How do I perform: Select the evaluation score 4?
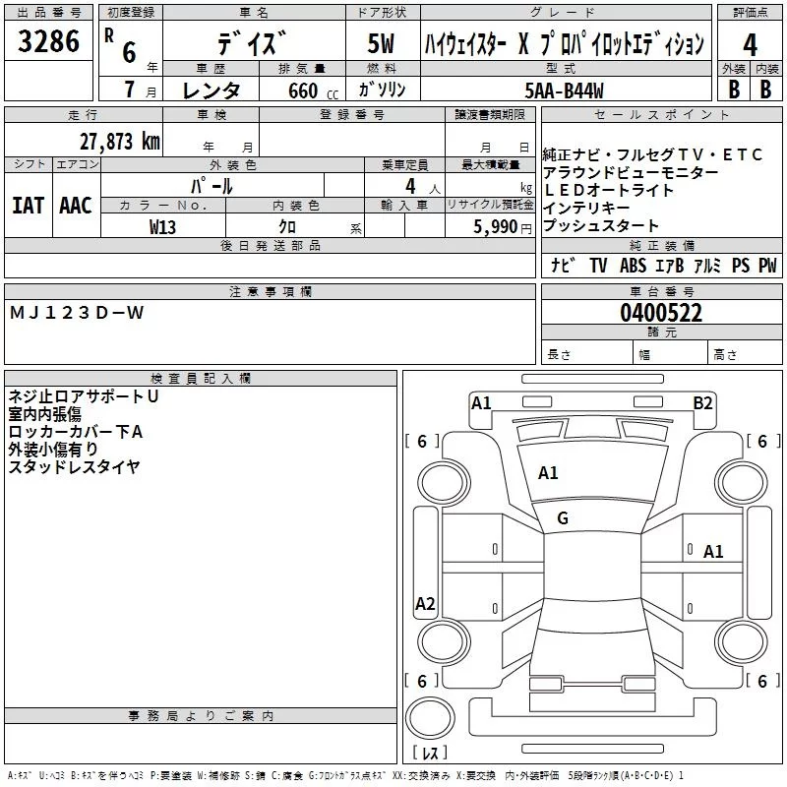pos(750,44)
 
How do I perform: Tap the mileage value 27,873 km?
pos(119,142)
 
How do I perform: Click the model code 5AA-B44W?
pos(565,91)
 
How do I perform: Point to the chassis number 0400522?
pos(660,313)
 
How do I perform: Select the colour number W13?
pos(162,226)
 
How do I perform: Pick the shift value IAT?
pos(28,206)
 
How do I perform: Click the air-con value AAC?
pos(75,206)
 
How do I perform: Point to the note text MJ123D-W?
pos(77,313)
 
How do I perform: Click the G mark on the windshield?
pos(563,517)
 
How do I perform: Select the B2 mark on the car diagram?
pos(702,402)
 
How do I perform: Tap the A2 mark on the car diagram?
pos(425,604)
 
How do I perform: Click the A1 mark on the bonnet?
pos(548,473)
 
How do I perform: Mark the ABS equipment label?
pos(633,266)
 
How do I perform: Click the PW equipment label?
pos(766,266)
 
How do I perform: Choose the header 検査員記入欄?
pos(201,379)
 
